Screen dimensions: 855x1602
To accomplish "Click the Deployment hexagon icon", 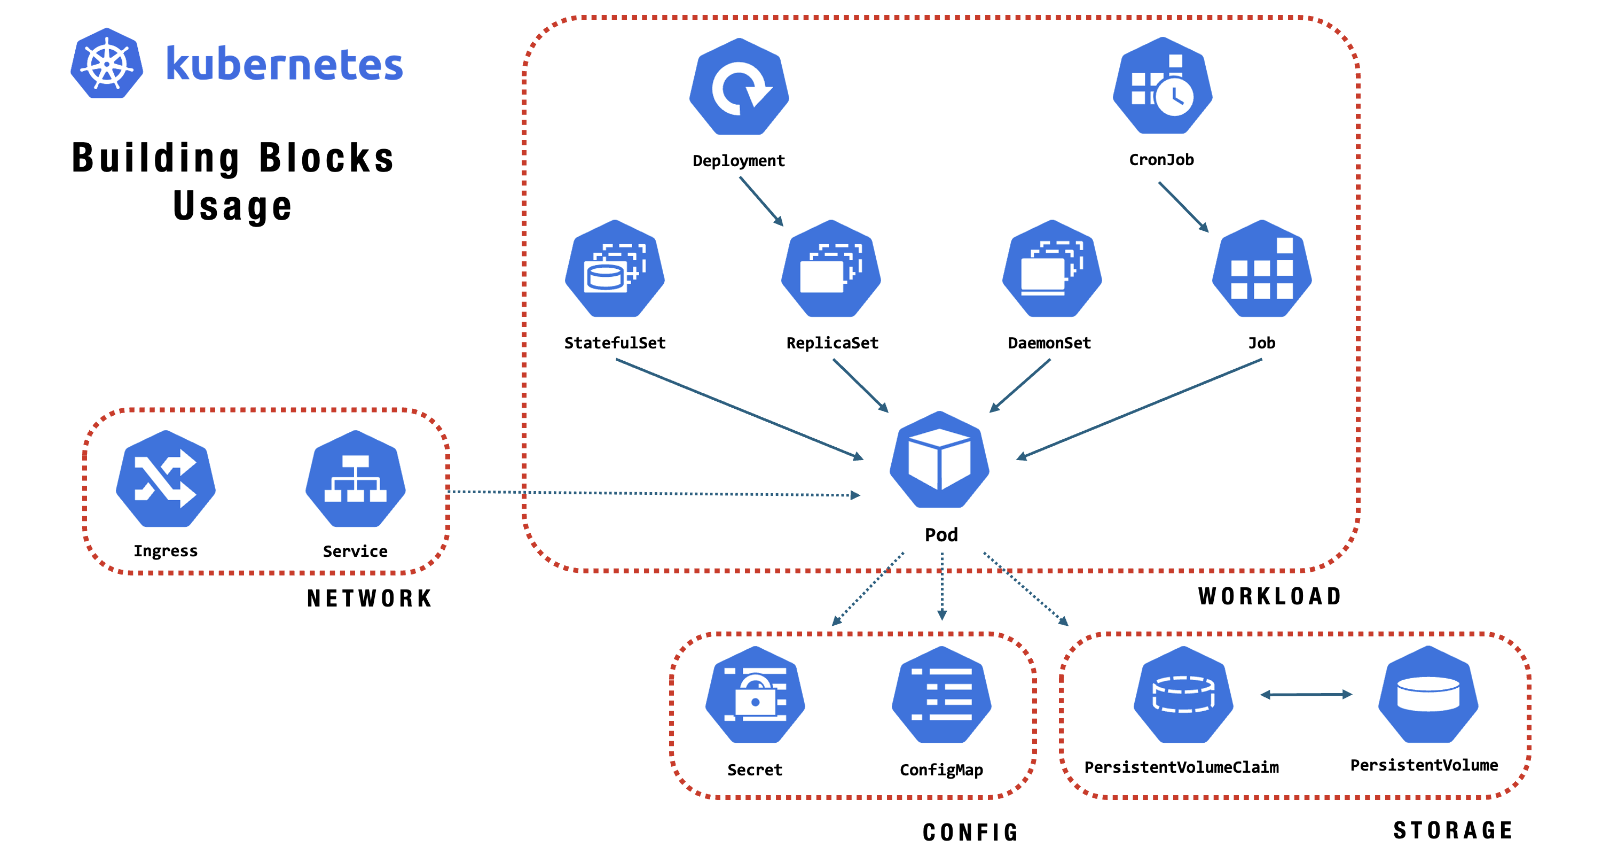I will [x=739, y=87].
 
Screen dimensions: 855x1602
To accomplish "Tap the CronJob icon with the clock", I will [x=1161, y=86].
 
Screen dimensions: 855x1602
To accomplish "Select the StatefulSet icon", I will [x=615, y=269].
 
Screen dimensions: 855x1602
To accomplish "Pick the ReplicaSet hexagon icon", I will [x=831, y=269].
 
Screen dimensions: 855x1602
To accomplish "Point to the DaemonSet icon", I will [x=1051, y=269].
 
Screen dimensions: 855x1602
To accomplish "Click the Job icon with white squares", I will [x=1261, y=269].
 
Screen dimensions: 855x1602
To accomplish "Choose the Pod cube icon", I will [x=939, y=461].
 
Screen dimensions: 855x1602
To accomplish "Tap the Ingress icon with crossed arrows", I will [x=166, y=479].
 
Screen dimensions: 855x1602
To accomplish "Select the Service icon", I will [x=355, y=479].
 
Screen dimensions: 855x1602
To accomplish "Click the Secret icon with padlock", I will [x=755, y=695].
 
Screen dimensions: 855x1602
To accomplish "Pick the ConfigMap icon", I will [x=941, y=695].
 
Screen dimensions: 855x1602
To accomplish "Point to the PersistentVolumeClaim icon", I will [x=1183, y=695].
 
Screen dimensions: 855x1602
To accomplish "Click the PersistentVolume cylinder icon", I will [x=1428, y=695].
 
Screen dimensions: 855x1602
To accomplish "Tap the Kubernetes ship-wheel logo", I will [x=107, y=64].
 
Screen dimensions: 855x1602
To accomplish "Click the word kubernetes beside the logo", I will [x=284, y=65].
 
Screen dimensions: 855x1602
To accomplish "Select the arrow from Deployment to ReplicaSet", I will [x=761, y=201].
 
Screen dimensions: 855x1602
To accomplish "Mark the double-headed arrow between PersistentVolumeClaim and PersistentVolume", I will [x=1306, y=695].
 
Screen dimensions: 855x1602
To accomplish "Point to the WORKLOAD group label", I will [x=1269, y=596].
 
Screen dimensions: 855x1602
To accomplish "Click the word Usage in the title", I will [x=232, y=206].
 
